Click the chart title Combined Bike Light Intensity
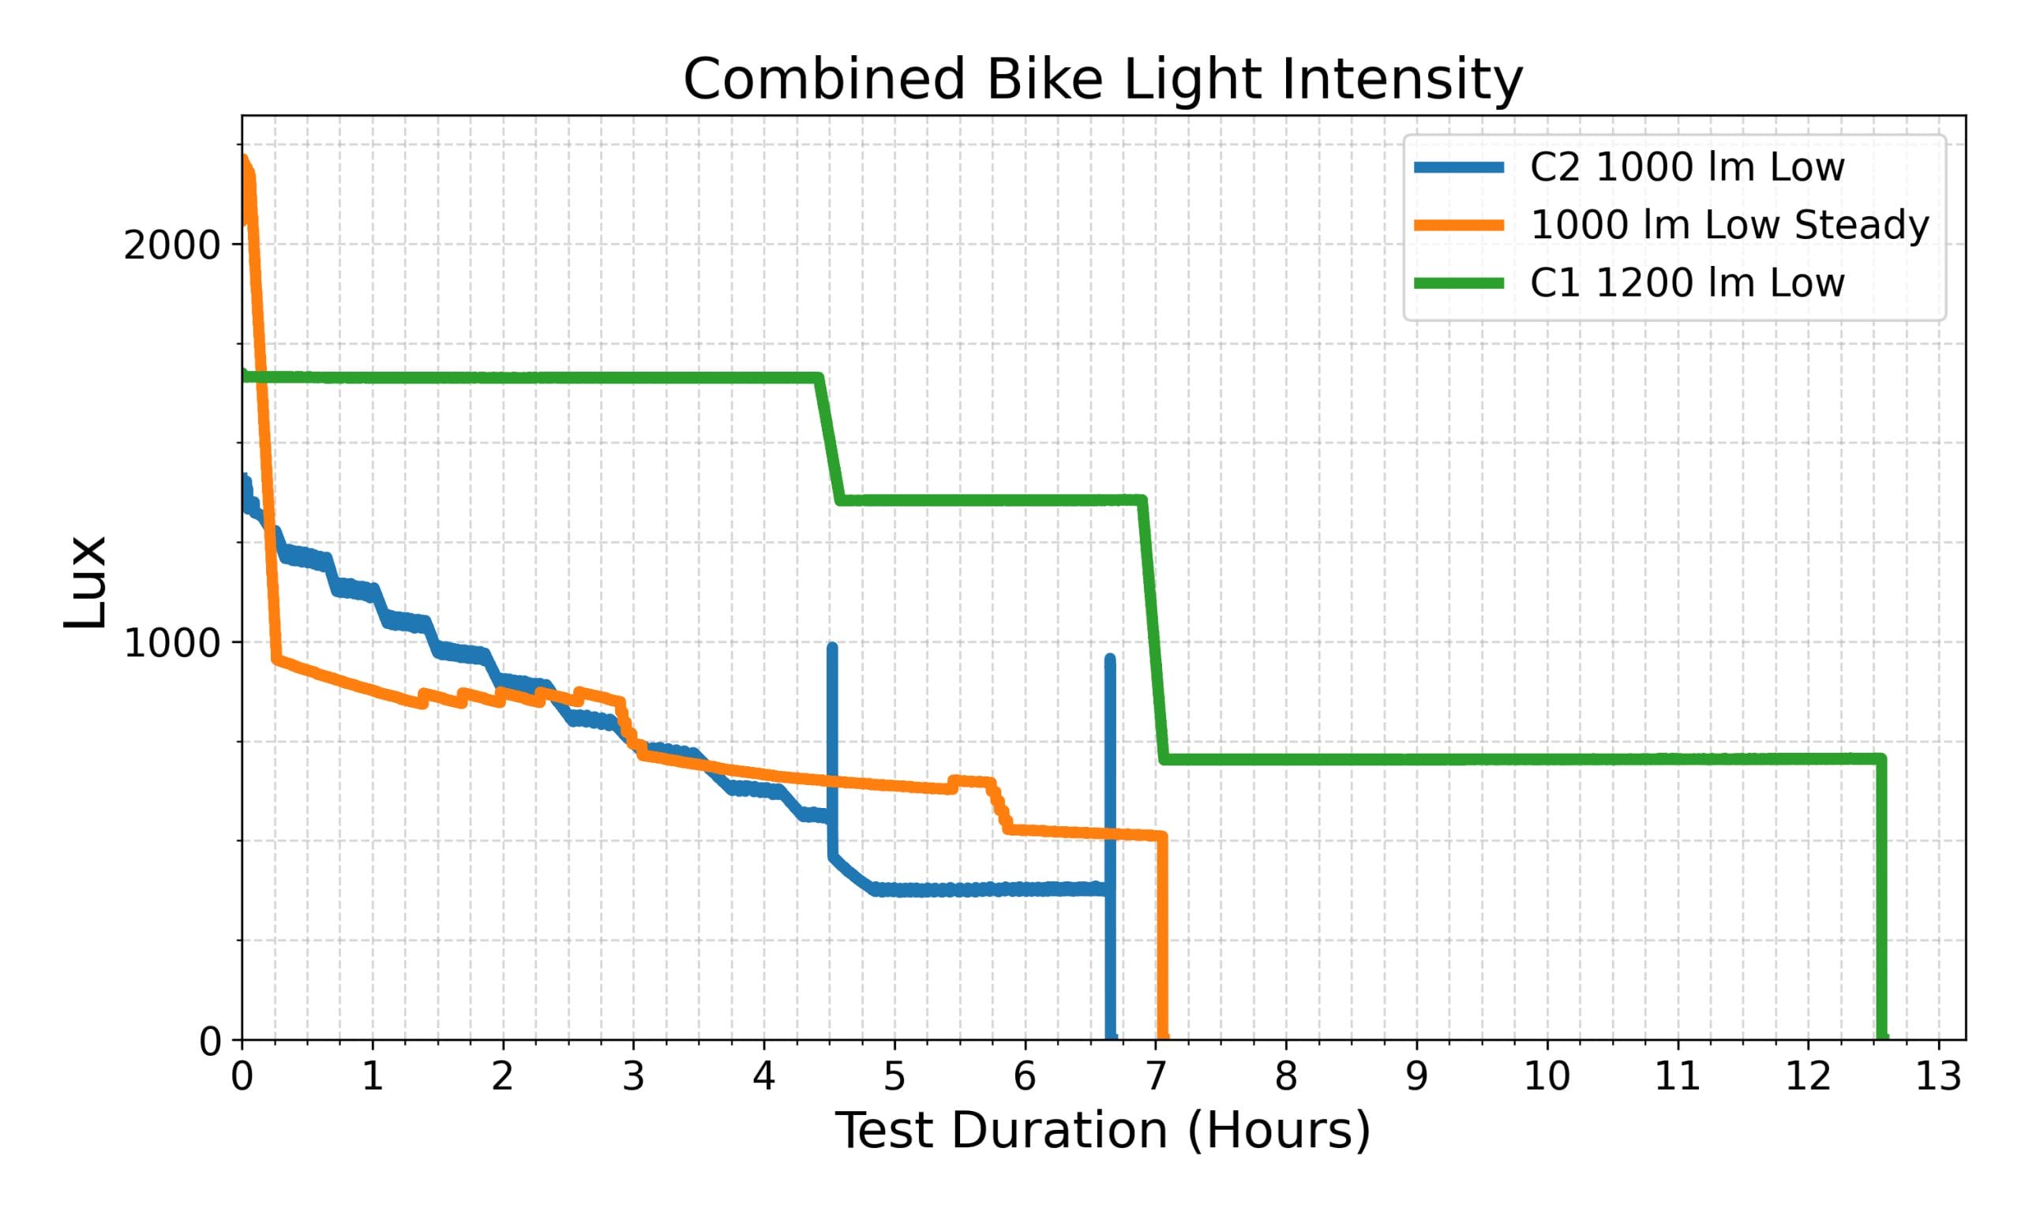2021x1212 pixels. (1103, 80)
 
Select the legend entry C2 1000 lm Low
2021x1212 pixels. (1687, 167)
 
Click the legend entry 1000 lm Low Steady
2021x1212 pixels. (1730, 226)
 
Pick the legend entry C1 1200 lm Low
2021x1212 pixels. (1687, 283)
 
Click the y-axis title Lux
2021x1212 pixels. (85, 581)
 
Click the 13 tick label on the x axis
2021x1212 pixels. (1938, 1077)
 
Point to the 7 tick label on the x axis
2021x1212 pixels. (1155, 1077)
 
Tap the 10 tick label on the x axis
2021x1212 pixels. (1547, 1077)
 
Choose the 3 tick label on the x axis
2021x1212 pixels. (633, 1077)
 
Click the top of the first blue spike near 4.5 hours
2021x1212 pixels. (831, 648)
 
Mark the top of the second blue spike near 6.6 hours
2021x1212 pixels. (1109, 658)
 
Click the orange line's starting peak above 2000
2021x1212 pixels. (244, 160)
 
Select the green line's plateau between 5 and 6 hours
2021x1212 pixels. (960, 499)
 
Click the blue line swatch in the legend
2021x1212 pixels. (1459, 167)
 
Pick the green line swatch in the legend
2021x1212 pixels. (1459, 283)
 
